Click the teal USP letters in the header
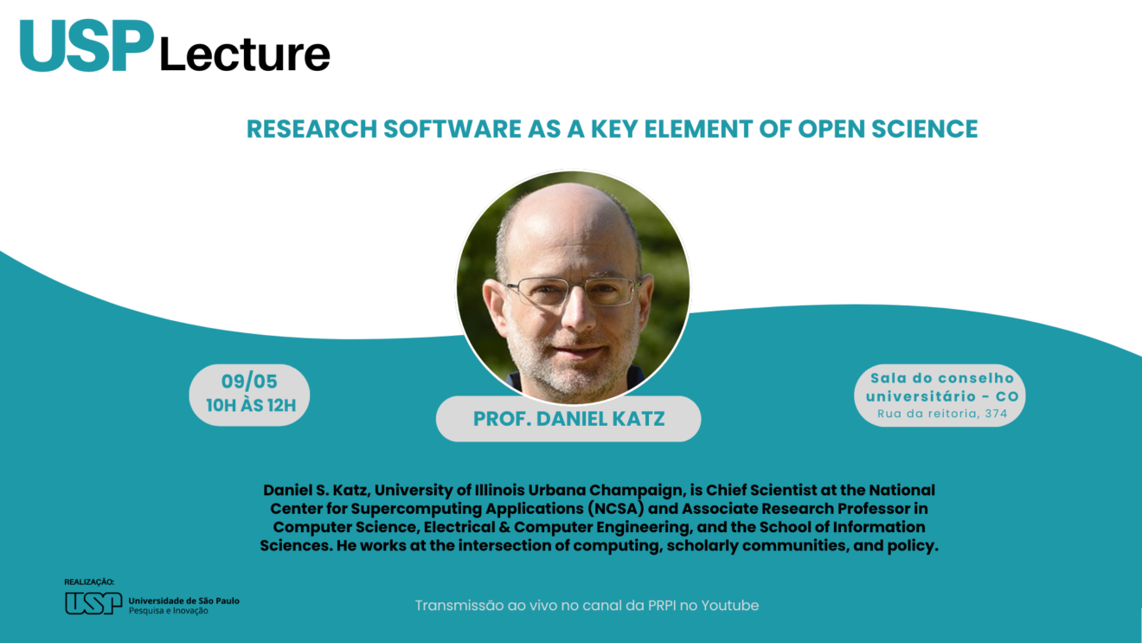[x=87, y=45]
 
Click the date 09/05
[x=249, y=382]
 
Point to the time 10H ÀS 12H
[x=251, y=405]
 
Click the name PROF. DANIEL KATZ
[x=569, y=419]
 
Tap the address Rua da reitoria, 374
[x=942, y=414]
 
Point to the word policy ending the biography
[x=913, y=545]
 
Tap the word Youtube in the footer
[x=730, y=605]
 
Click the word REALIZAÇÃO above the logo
[x=89, y=582]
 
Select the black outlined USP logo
[x=93, y=603]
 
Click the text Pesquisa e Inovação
[x=168, y=611]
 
